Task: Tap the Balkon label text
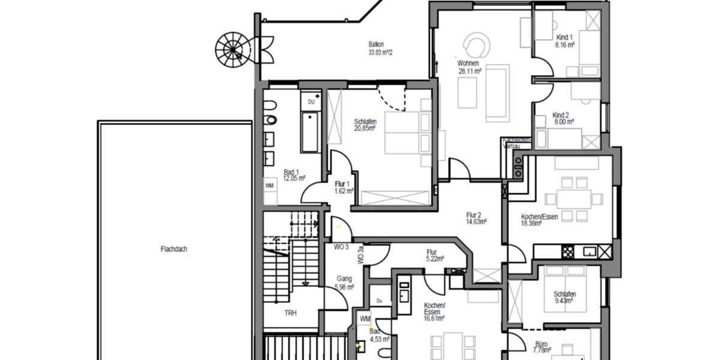(x=376, y=44)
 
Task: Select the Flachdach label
(x=174, y=249)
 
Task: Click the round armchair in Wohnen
(x=478, y=44)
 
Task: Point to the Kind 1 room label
(x=565, y=37)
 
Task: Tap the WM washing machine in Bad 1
(x=270, y=186)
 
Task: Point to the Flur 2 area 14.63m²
(x=475, y=221)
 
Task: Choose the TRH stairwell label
(x=291, y=313)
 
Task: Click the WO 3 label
(x=341, y=247)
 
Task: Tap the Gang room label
(x=344, y=279)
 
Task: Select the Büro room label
(x=541, y=345)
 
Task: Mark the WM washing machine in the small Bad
(x=365, y=319)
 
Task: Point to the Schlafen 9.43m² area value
(x=565, y=301)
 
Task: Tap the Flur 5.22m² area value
(x=435, y=259)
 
